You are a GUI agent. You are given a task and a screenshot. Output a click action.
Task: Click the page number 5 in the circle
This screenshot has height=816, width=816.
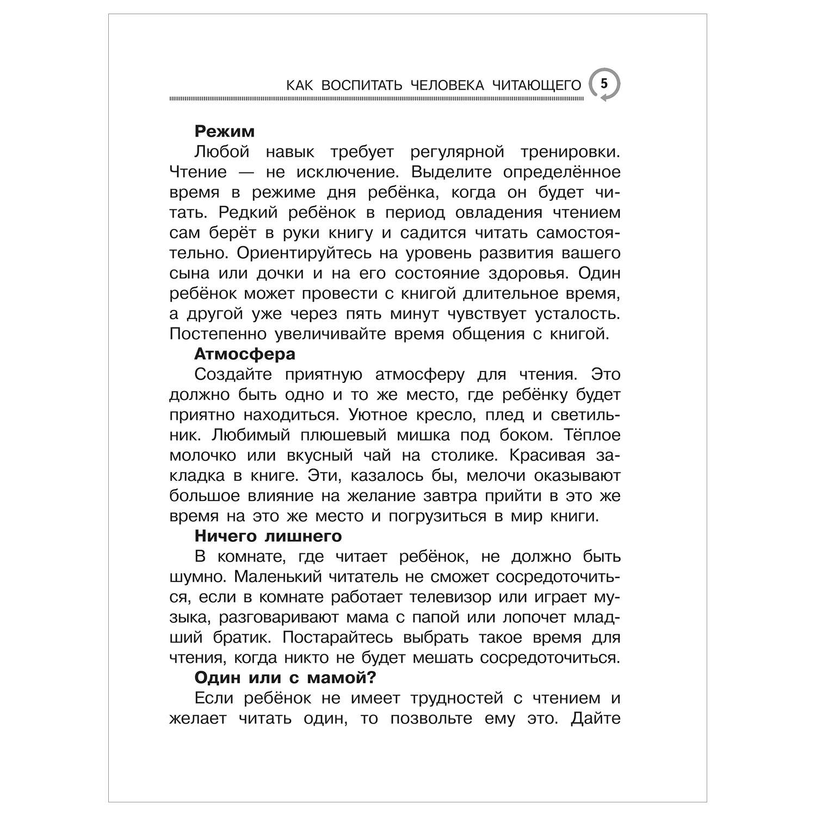[603, 84]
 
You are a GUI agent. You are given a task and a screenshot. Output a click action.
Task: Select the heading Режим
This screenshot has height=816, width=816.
[224, 131]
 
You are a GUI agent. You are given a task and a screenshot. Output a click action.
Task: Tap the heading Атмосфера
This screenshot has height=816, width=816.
[245, 354]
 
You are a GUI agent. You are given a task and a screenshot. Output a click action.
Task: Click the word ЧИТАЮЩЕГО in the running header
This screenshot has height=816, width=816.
[536, 85]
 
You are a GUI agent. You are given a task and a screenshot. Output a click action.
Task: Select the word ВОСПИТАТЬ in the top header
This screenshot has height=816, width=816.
[361, 85]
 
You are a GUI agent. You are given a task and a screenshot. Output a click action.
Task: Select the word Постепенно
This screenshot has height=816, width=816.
[216, 333]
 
